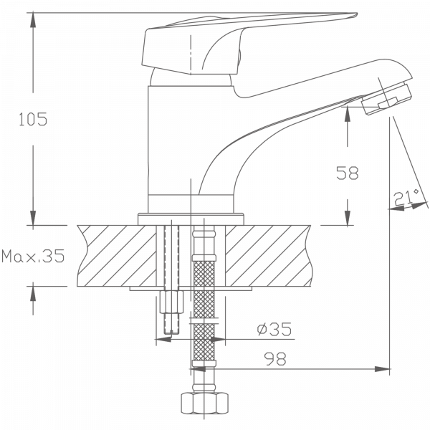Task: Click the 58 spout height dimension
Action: point(348,172)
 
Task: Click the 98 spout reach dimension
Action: point(276,359)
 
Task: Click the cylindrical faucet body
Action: point(172,143)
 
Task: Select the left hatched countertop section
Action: point(115,254)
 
